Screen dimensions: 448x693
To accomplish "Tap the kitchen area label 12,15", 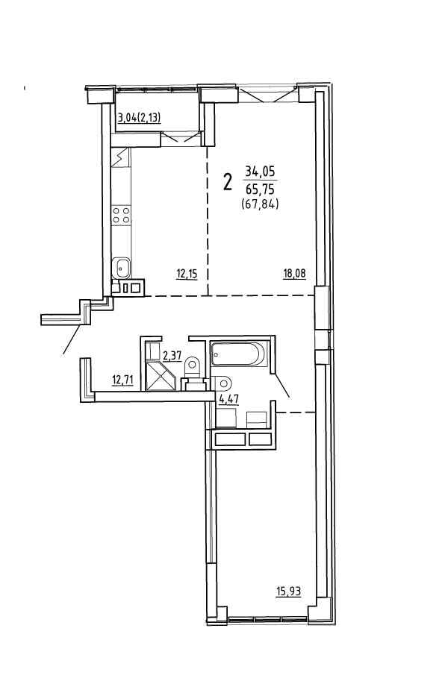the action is pos(187,275).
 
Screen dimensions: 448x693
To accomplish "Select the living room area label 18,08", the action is pos(294,274).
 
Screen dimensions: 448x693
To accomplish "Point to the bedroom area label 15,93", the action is pos(289,592).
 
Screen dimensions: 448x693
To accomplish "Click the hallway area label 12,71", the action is pos(122,380).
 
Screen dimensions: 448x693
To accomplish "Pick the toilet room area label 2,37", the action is pos(172,355).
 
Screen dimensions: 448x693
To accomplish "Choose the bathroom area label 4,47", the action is pos(229,398).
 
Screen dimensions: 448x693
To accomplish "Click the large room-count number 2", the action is pos(228,182).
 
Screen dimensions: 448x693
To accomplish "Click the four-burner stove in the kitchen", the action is pos(121,214).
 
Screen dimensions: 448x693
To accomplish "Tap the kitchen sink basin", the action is pos(121,267).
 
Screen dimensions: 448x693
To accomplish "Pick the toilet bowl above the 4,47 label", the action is pos(222,383).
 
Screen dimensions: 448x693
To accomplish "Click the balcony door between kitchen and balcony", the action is pos(181,137).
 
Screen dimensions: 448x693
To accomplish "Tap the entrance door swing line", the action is pos(73,339).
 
